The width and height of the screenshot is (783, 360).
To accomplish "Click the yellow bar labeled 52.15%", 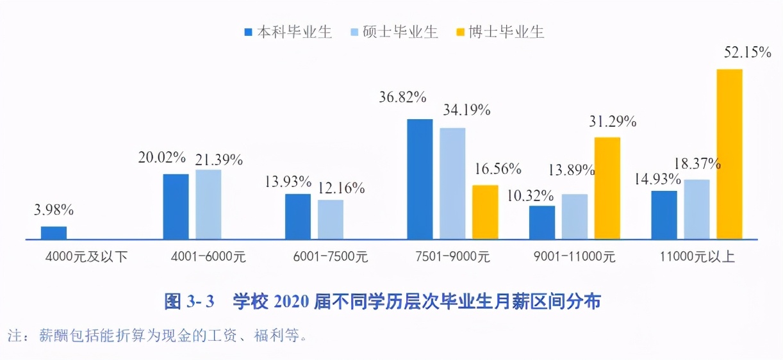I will [x=729, y=154].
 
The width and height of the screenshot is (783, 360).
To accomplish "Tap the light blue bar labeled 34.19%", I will [x=452, y=184].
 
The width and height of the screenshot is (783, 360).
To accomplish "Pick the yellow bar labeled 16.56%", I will [x=485, y=212].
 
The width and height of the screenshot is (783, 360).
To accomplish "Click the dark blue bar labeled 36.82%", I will [x=420, y=179].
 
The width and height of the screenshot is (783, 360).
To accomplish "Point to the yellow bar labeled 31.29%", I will [x=607, y=188].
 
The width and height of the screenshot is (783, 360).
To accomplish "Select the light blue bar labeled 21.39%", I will [x=208, y=204].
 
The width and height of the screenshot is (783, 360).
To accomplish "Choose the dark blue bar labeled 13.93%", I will [x=298, y=217].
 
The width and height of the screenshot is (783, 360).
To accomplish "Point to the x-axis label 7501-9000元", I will [x=453, y=258].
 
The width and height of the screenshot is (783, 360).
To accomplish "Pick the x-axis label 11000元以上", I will [x=697, y=258].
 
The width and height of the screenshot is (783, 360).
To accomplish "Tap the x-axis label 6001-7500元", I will [x=331, y=258].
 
